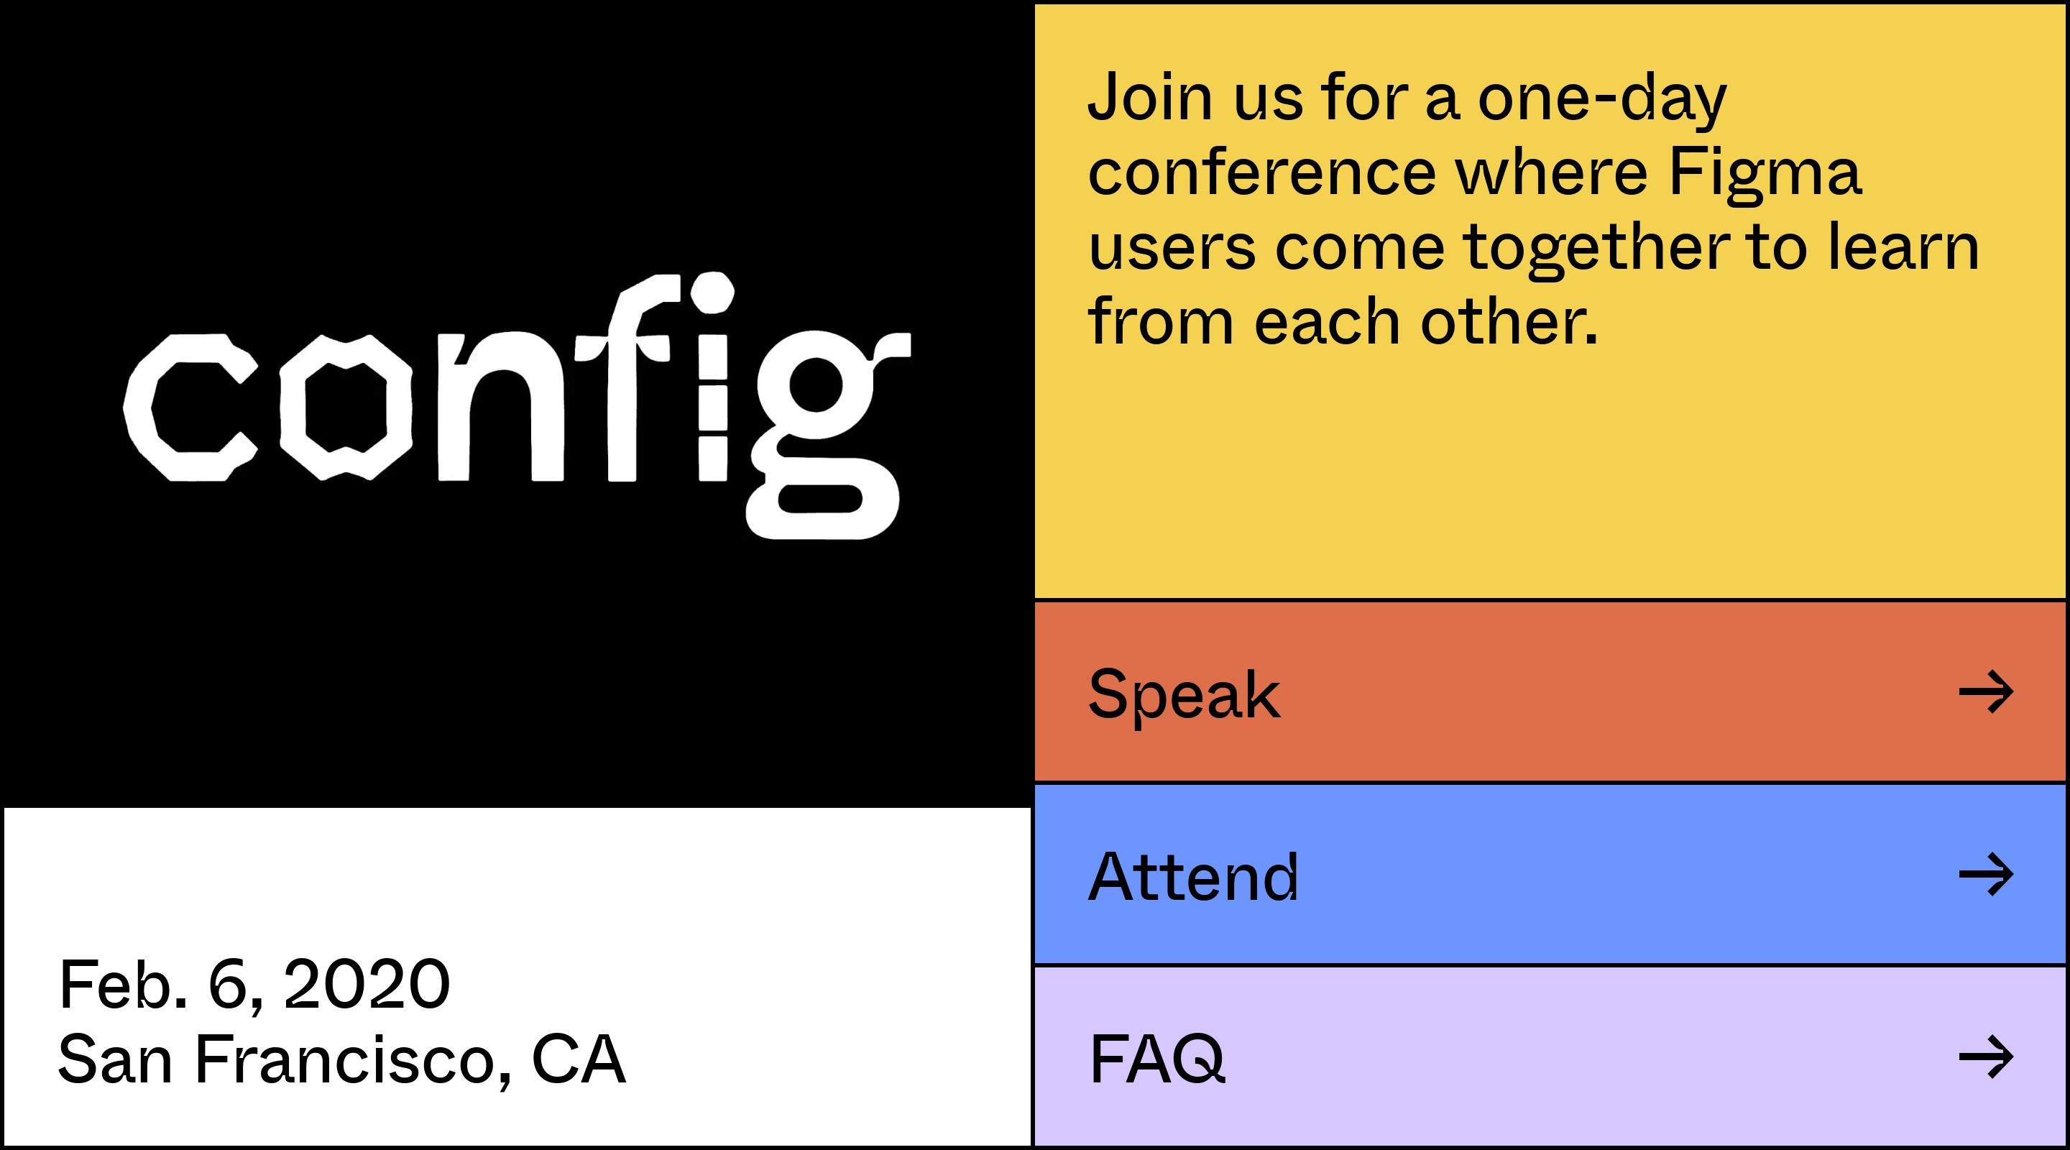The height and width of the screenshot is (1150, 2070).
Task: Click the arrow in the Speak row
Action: point(1986,692)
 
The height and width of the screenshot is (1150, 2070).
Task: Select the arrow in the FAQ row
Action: point(1986,1057)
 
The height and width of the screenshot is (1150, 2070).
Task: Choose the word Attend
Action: point(1192,876)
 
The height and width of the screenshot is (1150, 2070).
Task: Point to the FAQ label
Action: point(1157,1059)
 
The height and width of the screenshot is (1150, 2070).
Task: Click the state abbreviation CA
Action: point(579,1059)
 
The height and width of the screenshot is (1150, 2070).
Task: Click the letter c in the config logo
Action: point(190,408)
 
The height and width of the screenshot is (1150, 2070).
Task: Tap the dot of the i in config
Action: point(712,293)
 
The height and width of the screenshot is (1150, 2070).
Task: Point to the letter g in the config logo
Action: point(828,434)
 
